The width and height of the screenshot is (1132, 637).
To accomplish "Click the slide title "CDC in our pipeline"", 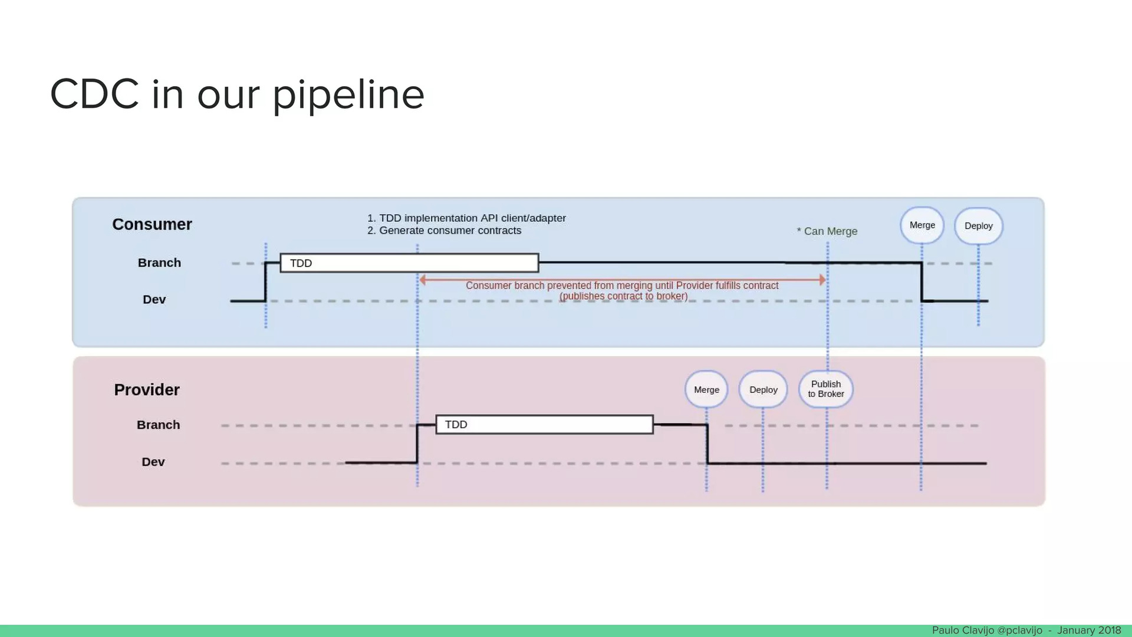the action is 237,94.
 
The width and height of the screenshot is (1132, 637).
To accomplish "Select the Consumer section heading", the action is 152,224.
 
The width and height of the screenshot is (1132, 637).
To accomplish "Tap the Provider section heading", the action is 147,390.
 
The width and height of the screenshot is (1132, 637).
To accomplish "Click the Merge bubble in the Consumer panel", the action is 922,225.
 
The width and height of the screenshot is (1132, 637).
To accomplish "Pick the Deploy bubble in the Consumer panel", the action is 979,226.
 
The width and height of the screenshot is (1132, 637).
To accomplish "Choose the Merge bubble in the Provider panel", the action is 706,389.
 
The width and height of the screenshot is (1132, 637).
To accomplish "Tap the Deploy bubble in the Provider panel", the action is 764,389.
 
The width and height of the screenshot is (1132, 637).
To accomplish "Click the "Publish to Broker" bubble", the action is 826,389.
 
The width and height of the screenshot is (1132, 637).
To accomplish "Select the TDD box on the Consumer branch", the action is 409,263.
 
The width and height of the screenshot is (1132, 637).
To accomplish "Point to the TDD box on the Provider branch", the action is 544,425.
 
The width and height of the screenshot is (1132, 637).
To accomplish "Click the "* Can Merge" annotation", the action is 827,231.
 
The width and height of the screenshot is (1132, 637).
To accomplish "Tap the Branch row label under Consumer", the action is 159,262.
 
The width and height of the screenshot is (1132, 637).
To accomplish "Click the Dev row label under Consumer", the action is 154,300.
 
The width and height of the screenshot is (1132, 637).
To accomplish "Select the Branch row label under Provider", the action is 158,425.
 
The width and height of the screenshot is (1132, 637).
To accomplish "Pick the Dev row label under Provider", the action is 153,462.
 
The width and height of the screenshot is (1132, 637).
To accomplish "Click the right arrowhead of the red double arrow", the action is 822,280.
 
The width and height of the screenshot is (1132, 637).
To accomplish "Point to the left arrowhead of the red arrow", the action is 422,280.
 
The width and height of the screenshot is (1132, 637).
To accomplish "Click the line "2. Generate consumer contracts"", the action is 445,231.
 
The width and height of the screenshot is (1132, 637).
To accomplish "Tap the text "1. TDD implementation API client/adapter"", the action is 466,218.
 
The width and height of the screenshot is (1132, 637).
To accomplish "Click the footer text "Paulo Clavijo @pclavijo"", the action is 987,631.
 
